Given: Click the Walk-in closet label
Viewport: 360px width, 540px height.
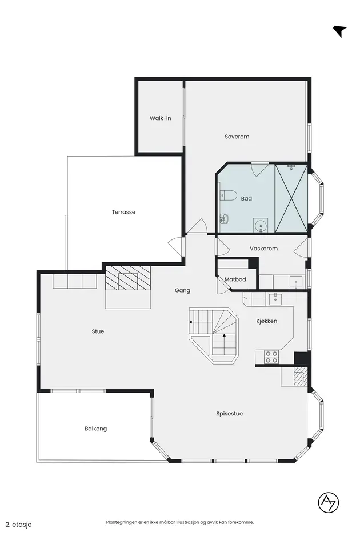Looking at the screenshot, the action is coord(160,118).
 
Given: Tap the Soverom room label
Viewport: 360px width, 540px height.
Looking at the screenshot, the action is coord(237,137).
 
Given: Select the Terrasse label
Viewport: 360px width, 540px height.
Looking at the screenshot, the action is coord(123,212).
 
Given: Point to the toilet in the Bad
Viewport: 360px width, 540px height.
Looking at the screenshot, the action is coord(228,195).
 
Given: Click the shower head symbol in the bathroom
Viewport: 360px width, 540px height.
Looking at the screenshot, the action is coord(292,167).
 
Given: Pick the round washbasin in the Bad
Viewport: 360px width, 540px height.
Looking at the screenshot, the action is coord(260,225).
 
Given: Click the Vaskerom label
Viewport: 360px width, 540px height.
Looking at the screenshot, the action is coord(263,249).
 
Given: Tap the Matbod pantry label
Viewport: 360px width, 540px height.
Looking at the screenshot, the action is coord(235,279).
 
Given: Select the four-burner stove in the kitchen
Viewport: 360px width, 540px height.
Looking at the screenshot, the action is coord(271,357).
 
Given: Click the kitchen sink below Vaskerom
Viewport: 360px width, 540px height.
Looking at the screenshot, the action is coord(275,298).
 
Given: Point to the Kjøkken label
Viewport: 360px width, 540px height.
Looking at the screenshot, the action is coord(267,321).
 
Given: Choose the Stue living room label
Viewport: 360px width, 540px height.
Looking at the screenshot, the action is coord(98,331).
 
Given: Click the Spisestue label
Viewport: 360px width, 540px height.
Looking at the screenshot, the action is coord(230,414).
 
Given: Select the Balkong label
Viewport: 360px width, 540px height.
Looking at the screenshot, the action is coord(96,429).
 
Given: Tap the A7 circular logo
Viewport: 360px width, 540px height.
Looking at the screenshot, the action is coord(329,502).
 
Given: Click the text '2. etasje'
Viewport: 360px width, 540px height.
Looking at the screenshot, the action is coord(19,525).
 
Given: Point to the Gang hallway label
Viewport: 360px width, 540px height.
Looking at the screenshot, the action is coord(182,290).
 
